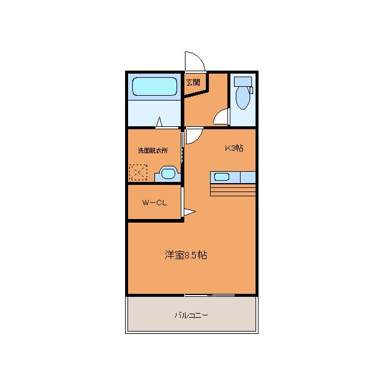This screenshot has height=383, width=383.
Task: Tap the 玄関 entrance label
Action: coord(193,83)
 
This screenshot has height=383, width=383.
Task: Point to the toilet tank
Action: coord(243,82)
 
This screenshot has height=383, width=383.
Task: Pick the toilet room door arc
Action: coord(222,117)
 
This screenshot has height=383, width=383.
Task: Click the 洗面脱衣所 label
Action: coord(153,150)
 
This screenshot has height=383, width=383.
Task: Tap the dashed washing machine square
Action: coord(138,173)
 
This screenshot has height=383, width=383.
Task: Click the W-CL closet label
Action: coord(154,202)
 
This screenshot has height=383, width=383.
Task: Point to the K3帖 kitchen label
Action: coord(233,148)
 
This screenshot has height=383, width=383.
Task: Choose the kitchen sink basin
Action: coord(221,177)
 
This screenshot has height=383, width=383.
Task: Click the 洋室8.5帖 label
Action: coord(186,255)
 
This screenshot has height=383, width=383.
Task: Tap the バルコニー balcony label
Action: coord(191,314)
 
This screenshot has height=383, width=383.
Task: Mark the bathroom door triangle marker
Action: coord(159,123)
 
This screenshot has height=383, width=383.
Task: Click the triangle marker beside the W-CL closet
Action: coord(189,211)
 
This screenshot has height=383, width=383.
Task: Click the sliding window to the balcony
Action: coord(209,295)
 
